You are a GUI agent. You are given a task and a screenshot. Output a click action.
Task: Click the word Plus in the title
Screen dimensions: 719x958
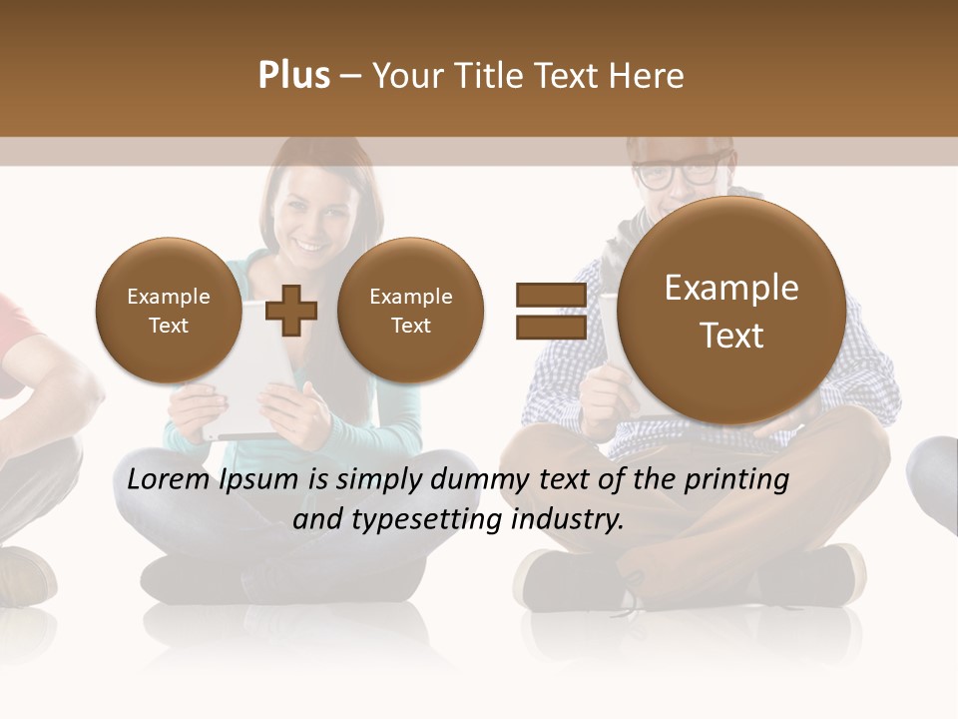(x=293, y=76)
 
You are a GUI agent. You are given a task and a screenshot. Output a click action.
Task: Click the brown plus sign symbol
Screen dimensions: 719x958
(x=291, y=311)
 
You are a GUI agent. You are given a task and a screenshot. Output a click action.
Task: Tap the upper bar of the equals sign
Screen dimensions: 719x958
(x=550, y=295)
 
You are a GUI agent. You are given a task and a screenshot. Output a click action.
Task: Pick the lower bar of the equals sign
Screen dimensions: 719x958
(x=550, y=328)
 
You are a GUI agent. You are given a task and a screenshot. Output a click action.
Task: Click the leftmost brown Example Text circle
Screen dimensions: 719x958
(x=168, y=311)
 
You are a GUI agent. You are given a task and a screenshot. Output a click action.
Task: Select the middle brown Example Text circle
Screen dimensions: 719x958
(x=410, y=311)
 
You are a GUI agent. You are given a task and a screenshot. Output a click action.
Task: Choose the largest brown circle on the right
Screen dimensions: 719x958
(x=731, y=311)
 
